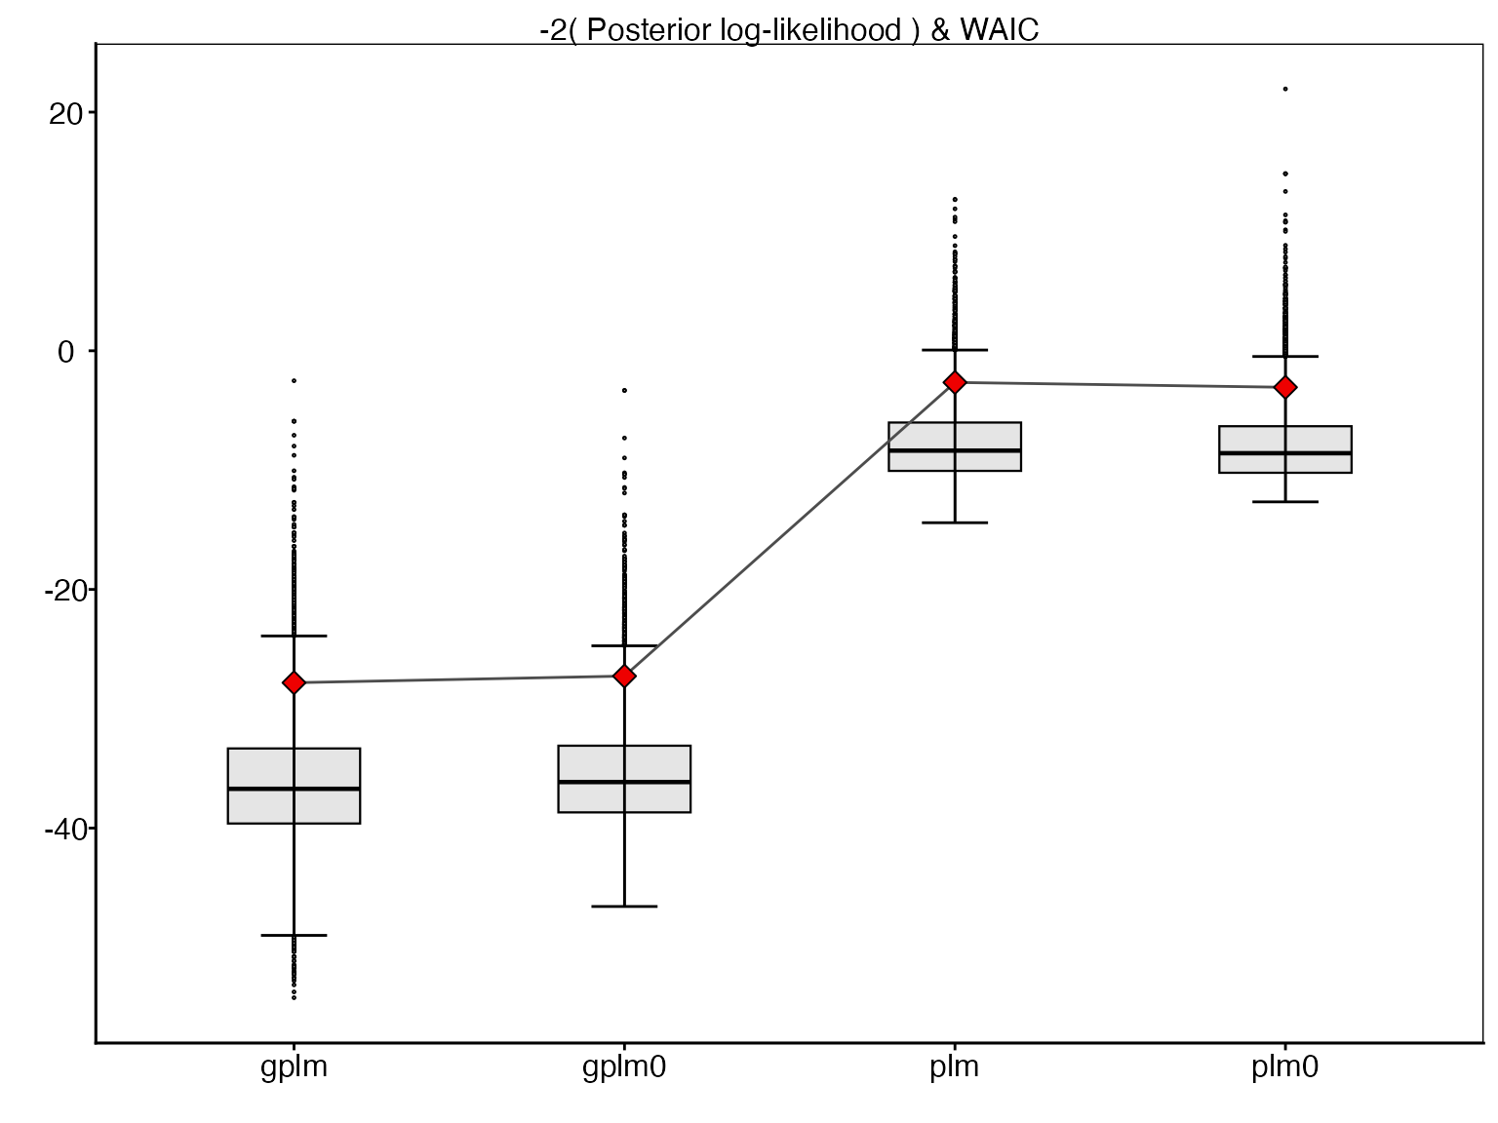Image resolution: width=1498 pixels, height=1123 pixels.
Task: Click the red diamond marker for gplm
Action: [294, 682]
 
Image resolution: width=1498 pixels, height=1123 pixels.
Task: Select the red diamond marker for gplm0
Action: [624, 676]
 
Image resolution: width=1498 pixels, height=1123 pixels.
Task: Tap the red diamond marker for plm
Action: [955, 382]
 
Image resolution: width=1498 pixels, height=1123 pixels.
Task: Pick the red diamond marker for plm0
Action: [1285, 387]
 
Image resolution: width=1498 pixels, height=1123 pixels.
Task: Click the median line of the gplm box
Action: [294, 789]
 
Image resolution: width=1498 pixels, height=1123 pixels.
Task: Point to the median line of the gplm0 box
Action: [624, 782]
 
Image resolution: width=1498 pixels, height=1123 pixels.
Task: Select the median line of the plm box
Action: [955, 450]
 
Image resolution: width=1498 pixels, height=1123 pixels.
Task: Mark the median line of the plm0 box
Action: [1285, 453]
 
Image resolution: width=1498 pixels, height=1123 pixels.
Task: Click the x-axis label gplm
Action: [294, 1067]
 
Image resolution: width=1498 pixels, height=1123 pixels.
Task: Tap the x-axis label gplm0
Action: [624, 1067]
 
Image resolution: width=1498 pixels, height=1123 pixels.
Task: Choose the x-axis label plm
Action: [955, 1067]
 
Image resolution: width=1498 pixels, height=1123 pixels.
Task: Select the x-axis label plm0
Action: [1285, 1067]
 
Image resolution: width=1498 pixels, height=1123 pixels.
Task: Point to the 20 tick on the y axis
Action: [91, 112]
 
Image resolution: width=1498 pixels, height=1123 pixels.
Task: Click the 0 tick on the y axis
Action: [91, 351]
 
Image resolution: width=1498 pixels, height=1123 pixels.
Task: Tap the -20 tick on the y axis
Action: [91, 590]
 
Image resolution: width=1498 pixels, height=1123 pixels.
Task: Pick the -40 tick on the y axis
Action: [91, 829]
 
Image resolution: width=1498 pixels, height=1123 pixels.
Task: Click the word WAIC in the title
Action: [999, 30]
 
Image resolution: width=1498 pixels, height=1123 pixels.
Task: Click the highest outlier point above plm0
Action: [1285, 89]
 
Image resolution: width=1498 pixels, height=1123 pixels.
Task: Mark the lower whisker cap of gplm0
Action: [624, 907]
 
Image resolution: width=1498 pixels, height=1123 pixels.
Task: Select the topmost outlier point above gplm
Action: [294, 380]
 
